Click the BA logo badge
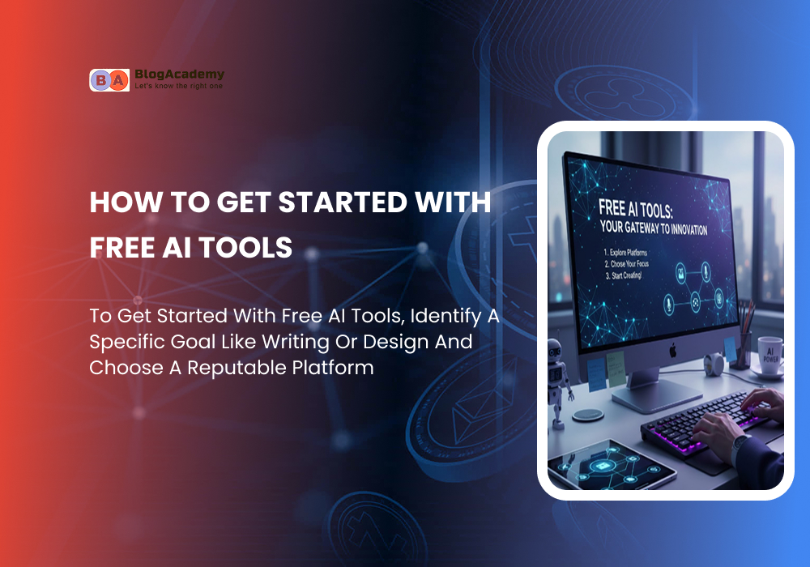[109, 80]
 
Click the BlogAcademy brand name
[179, 75]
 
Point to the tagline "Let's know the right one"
[179, 86]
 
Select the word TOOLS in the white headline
[245, 247]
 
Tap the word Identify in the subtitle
[446, 316]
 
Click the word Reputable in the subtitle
[237, 369]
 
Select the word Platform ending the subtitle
[333, 368]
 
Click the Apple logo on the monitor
[672, 352]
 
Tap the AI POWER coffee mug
[771, 356]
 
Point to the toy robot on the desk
[557, 382]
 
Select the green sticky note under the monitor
[615, 369]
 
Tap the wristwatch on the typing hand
[741, 444]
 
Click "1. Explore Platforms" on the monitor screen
[625, 253]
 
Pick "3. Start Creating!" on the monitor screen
[624, 275]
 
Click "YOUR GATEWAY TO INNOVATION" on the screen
[654, 228]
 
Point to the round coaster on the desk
[588, 415]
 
